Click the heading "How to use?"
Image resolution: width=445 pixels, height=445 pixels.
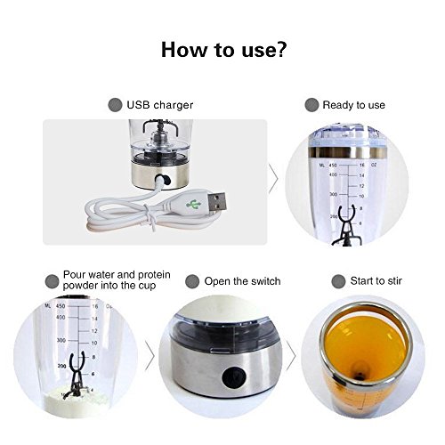tap(224, 49)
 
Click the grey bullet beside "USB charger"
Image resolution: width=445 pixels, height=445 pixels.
tap(115, 105)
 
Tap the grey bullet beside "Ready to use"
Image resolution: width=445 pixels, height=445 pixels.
tap(311, 105)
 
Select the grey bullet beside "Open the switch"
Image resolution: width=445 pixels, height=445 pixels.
tap(192, 281)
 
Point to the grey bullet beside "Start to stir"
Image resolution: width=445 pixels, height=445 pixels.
tap(338, 281)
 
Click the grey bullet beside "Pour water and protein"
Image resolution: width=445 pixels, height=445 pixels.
tap(52, 281)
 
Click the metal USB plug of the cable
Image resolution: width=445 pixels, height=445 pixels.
tap(216, 201)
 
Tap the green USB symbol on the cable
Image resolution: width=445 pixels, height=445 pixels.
tap(193, 205)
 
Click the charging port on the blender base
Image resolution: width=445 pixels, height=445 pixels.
tap(163, 180)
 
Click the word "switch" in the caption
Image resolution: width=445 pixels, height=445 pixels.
tap(264, 281)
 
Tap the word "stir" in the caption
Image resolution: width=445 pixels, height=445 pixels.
tap(395, 280)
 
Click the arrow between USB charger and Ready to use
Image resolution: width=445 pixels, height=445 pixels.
tap(273, 179)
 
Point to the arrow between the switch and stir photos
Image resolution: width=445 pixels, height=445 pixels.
tap(291, 356)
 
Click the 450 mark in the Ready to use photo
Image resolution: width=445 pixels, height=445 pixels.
tap(333, 166)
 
